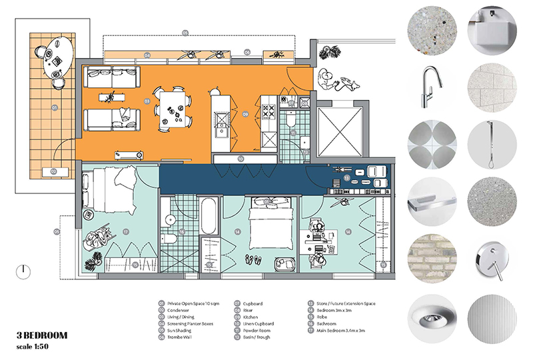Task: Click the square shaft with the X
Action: [x=339, y=130]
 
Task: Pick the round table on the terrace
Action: [x=61, y=56]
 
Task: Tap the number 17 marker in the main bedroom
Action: [x=125, y=231]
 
